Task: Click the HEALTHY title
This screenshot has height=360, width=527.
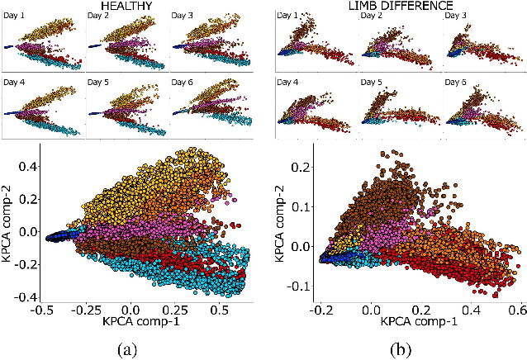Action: point(126,6)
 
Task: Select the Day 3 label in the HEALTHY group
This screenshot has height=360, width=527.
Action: point(185,17)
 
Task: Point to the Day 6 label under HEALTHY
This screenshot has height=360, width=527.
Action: point(185,82)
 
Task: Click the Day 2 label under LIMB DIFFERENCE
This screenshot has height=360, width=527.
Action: point(374,16)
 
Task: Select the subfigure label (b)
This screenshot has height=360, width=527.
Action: point(400,348)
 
